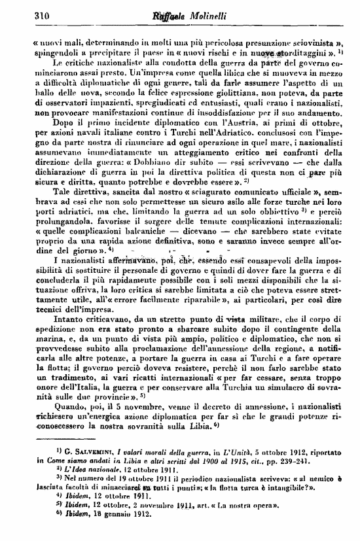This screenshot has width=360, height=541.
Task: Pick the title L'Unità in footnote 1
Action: [223, 460]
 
